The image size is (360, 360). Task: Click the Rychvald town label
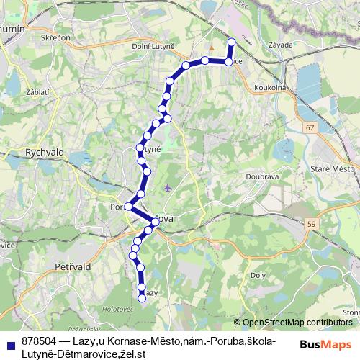click(25, 153)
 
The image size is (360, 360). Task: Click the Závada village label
click(280, 45)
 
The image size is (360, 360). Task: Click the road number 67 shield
click(310, 127)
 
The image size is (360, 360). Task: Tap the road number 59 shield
click(311, 225)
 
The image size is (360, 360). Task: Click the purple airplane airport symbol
click(168, 189)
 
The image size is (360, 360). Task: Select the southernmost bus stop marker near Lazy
click(142, 299)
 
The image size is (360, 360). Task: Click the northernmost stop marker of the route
click(231, 42)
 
